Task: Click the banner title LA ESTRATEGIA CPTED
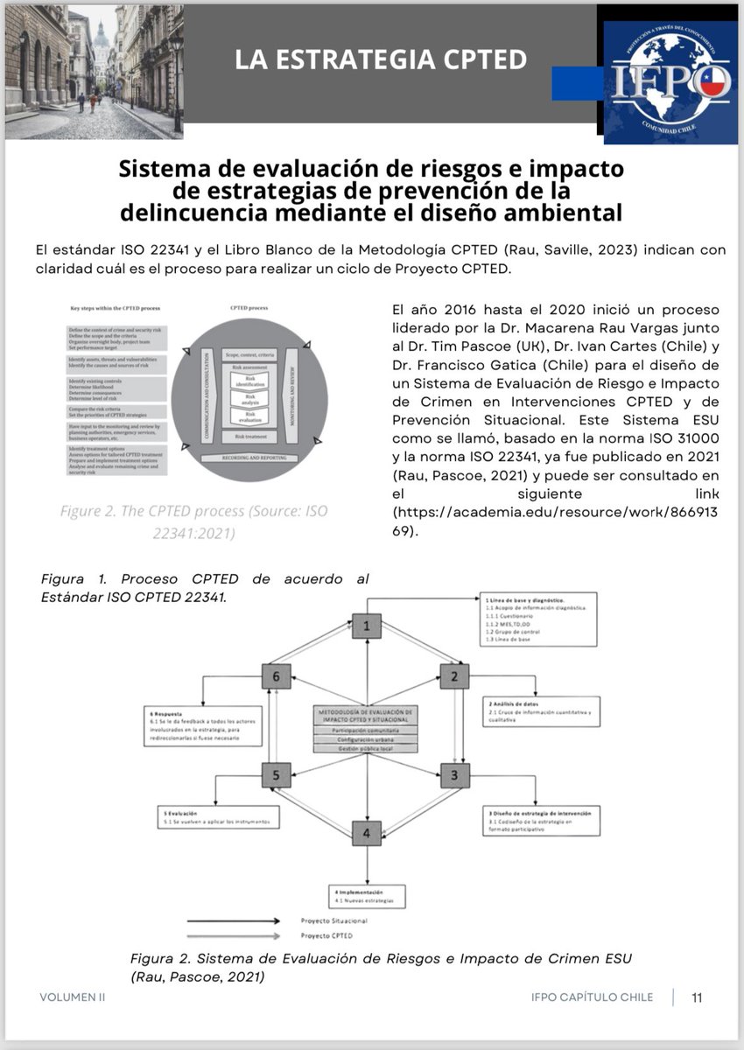(381, 59)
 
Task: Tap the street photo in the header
(95, 70)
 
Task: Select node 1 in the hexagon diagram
(367, 625)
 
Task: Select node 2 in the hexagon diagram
(453, 676)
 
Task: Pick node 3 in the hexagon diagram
(453, 774)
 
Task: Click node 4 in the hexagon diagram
(367, 832)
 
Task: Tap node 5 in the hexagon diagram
(276, 774)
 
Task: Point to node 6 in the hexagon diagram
(276, 676)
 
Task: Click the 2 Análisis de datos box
(544, 710)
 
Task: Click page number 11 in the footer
(697, 997)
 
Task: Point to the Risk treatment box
(249, 436)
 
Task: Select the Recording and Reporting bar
(249, 458)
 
